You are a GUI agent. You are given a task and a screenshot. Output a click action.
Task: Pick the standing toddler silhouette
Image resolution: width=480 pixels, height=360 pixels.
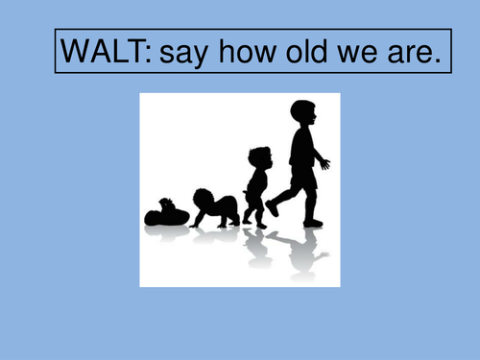(257, 187)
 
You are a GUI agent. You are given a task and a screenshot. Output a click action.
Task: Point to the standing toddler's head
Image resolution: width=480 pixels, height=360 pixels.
(258, 157)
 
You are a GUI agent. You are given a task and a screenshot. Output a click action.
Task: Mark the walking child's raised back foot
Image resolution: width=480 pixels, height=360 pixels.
(273, 206)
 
